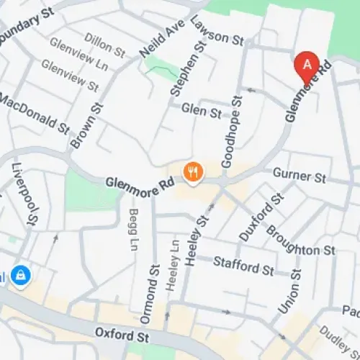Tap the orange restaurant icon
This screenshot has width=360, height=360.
pyautogui.click(x=193, y=172)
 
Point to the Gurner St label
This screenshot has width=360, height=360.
pyautogui.click(x=300, y=176)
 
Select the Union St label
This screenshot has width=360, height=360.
pyautogui.click(x=289, y=290)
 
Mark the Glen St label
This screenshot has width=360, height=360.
pyautogui.click(x=202, y=111)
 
